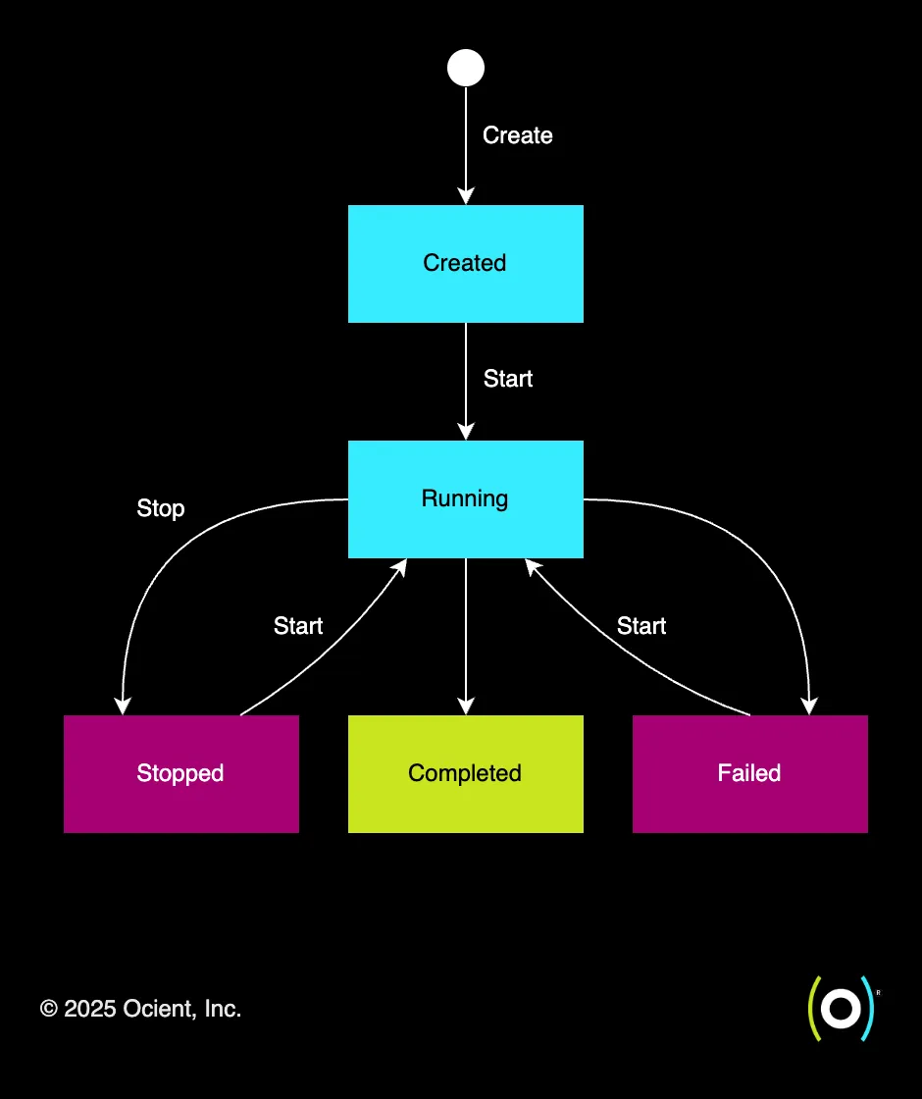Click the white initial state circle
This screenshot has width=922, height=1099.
click(466, 68)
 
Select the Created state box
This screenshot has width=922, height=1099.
click(466, 263)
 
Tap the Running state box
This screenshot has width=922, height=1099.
click(466, 498)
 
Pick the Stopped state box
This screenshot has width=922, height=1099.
click(180, 773)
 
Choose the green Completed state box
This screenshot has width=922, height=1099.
click(466, 773)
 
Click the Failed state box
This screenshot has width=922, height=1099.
click(749, 773)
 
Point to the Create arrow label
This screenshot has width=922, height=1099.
click(517, 135)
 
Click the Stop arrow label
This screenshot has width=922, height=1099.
click(161, 508)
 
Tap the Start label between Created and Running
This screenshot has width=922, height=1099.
click(508, 379)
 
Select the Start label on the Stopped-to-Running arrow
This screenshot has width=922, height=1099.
click(298, 626)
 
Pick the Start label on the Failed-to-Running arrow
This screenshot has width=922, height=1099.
click(641, 626)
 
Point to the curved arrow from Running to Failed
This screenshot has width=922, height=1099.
click(775, 579)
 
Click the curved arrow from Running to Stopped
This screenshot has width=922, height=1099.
click(157, 579)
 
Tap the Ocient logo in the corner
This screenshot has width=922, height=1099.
click(840, 1008)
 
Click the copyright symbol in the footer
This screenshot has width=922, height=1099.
click(49, 1009)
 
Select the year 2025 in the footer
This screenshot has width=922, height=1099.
click(90, 1009)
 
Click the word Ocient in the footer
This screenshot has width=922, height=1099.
click(158, 1009)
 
